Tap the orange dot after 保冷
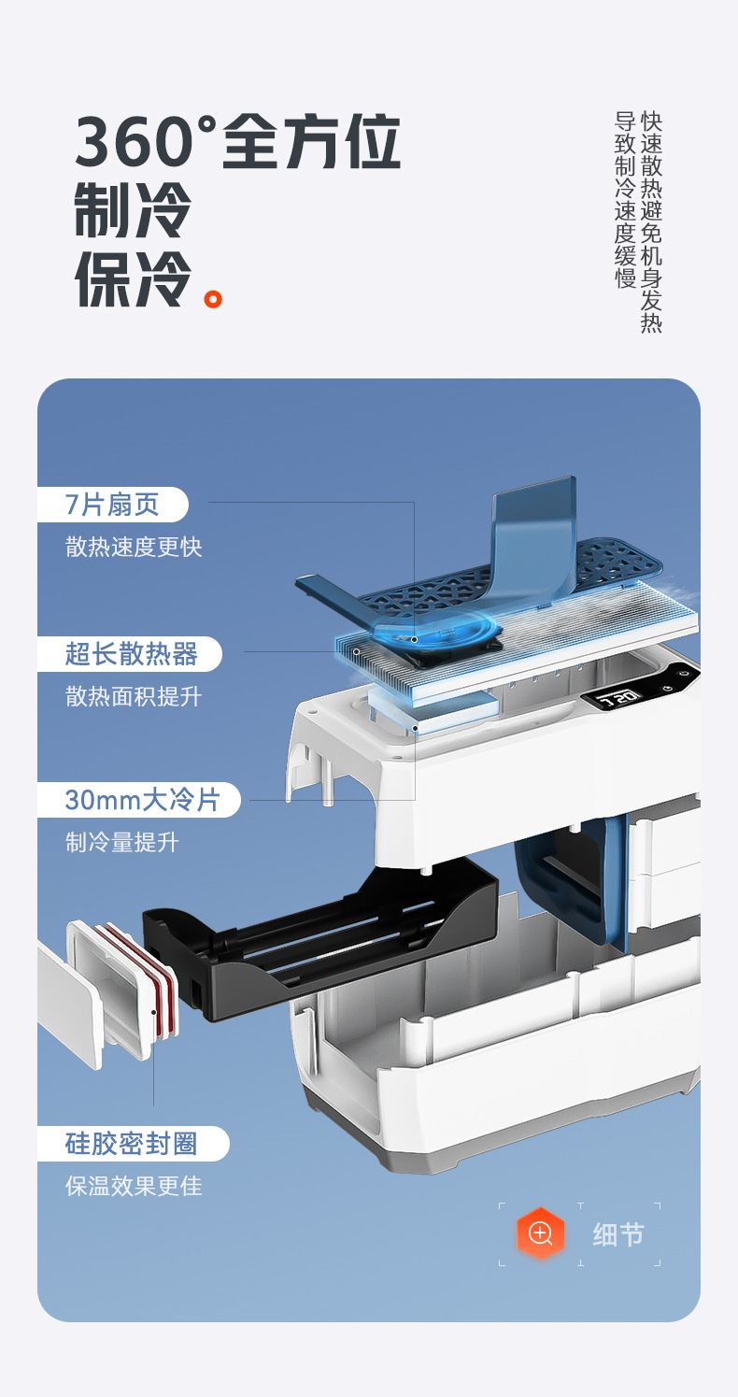tap(214, 299)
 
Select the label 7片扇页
tap(112, 505)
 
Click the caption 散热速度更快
tap(134, 547)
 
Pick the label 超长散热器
tap(131, 654)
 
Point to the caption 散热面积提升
tap(134, 696)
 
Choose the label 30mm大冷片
tap(141, 800)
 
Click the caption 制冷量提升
tap(122, 842)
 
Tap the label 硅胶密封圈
tap(132, 1144)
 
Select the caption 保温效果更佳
tap(134, 1186)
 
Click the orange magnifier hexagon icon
tap(541, 1233)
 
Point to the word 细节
tap(618, 1234)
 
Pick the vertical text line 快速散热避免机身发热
tap(651, 222)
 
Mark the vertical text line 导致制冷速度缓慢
tap(625, 200)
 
